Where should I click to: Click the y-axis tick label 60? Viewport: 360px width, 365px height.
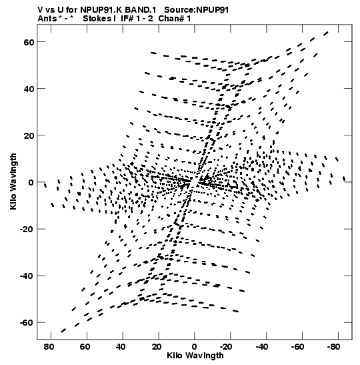click(x=29, y=42)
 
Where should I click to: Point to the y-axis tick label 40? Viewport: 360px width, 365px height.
click(x=29, y=89)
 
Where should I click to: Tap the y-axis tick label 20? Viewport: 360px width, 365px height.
click(x=29, y=135)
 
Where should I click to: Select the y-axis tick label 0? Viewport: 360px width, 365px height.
click(x=31, y=182)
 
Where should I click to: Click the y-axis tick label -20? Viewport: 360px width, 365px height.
click(x=27, y=229)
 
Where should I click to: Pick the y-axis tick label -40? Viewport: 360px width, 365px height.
click(x=27, y=276)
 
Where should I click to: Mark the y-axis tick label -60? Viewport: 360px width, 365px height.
click(x=27, y=323)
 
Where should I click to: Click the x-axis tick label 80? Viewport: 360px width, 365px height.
click(x=49, y=347)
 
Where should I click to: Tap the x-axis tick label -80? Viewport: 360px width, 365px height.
click(x=333, y=347)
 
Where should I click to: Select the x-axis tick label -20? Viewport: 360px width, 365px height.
click(x=226, y=347)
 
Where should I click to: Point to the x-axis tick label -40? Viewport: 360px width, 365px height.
click(x=262, y=347)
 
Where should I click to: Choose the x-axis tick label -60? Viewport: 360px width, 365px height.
click(x=298, y=347)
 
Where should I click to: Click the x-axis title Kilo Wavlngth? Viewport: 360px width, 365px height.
click(x=195, y=356)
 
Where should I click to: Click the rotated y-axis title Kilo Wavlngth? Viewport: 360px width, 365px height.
click(x=13, y=181)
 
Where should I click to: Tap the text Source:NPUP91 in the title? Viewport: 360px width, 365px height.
click(x=196, y=10)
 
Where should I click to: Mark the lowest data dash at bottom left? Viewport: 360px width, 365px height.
click(x=63, y=330)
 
